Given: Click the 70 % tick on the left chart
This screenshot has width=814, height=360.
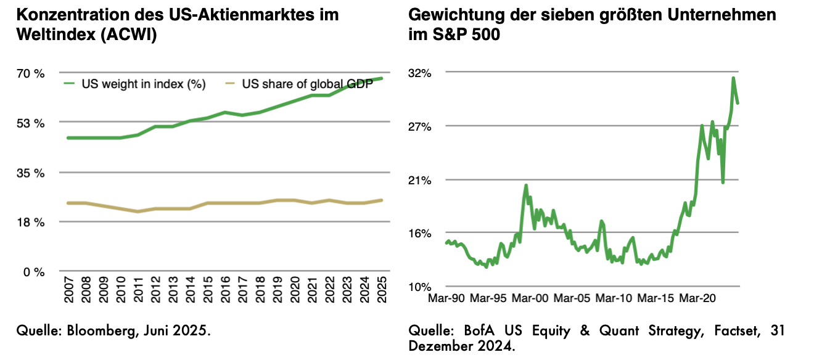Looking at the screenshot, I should tap(31, 73).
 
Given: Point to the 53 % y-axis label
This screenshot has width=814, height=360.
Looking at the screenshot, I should tap(31, 123).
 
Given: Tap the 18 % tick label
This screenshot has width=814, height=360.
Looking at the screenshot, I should tap(31, 223).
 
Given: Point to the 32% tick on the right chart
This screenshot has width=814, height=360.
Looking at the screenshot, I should tap(419, 73).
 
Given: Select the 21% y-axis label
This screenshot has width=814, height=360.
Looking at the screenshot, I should tap(419, 180).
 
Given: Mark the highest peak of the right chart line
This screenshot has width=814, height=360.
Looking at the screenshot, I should tap(733, 78).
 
